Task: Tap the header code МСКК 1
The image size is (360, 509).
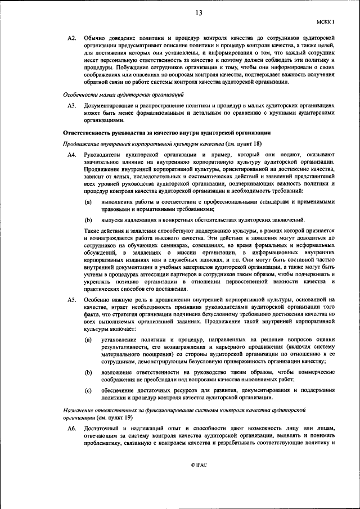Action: [326, 22]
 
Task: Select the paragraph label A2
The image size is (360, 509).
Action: [71, 38]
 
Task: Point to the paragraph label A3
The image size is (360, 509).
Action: [71, 105]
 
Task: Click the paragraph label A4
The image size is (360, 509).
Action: [71, 155]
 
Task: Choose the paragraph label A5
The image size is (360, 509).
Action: [71, 300]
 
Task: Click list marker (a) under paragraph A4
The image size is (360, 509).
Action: [89, 201]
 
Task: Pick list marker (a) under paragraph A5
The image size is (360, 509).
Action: [89, 340]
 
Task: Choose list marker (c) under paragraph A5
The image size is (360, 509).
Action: [89, 390]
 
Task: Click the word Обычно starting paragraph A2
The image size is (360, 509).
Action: [94, 38]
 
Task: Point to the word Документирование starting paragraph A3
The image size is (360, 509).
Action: [110, 105]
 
